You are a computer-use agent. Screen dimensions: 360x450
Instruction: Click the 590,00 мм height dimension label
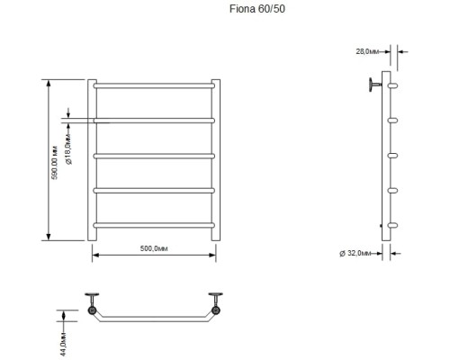tap(55, 160)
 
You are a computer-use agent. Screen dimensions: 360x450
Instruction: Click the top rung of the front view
tap(153, 86)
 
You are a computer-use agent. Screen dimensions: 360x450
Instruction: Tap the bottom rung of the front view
tap(153, 224)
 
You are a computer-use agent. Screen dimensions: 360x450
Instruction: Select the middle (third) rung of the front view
tap(153, 155)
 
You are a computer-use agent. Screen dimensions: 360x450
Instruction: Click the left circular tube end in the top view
tap(92, 310)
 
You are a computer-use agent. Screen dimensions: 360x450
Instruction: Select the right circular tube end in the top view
tap(215, 310)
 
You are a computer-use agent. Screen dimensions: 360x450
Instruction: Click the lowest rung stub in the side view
tap(393, 224)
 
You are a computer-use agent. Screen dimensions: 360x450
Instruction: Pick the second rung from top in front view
tap(153, 121)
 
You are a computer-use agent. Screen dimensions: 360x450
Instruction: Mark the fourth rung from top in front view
tap(153, 190)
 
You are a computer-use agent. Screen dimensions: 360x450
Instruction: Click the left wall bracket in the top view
tap(90, 297)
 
